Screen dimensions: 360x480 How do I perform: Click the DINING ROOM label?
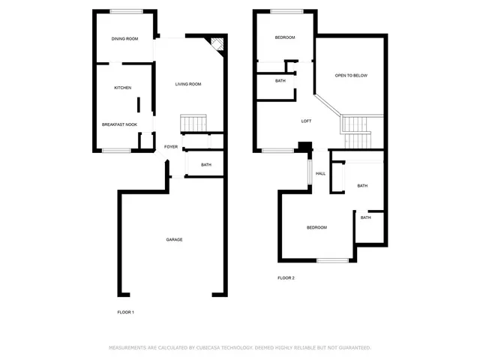pyautogui.click(x=124, y=39)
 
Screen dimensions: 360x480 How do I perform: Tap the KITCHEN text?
pyautogui.click(x=122, y=88)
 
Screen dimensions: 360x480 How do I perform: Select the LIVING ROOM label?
pyautogui.click(x=188, y=84)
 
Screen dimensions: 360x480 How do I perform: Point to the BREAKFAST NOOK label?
pyautogui.click(x=119, y=124)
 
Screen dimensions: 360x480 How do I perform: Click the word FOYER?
pyautogui.click(x=171, y=147)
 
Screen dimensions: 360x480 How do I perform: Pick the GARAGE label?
pyautogui.click(x=174, y=239)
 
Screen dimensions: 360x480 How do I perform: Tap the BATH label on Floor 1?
pyautogui.click(x=205, y=165)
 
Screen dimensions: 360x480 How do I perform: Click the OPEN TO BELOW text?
pyautogui.click(x=350, y=76)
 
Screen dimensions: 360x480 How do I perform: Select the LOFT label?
pyautogui.click(x=306, y=121)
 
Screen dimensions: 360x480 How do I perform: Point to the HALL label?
pyautogui.click(x=320, y=173)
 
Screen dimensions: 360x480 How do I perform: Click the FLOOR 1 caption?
pyautogui.click(x=125, y=312)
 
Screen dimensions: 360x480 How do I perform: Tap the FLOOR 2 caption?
pyautogui.click(x=286, y=278)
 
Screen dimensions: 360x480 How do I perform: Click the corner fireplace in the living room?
pyautogui.click(x=216, y=44)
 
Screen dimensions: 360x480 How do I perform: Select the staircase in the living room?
pyautogui.click(x=193, y=123)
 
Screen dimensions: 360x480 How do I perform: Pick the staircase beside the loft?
pyautogui.click(x=356, y=131)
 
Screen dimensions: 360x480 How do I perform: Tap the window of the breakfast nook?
pyautogui.click(x=116, y=151)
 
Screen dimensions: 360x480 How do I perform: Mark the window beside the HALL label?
pyautogui.click(x=308, y=172)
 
